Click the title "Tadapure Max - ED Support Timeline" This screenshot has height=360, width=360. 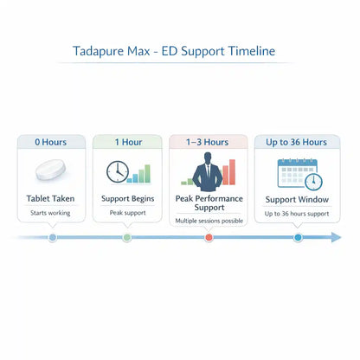180,51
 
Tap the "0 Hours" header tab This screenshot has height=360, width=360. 52,141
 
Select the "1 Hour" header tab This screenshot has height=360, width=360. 128,141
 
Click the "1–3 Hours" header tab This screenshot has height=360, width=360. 209,141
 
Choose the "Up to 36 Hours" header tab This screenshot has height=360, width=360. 296,141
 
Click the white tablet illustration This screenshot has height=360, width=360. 52,171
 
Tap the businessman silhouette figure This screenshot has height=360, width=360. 208,171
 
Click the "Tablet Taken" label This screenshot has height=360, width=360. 52,199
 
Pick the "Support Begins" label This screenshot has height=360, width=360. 127,199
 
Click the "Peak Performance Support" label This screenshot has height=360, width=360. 209,203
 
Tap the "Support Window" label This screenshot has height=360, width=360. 296,199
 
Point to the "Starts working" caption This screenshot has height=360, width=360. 52,213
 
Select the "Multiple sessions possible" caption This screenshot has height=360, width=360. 209,222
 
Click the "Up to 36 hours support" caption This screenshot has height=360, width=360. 296,213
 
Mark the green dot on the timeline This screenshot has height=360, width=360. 127,236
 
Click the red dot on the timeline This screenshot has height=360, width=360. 209,236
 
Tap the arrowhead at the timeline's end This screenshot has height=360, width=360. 336,236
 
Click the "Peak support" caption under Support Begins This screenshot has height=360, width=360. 127,213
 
